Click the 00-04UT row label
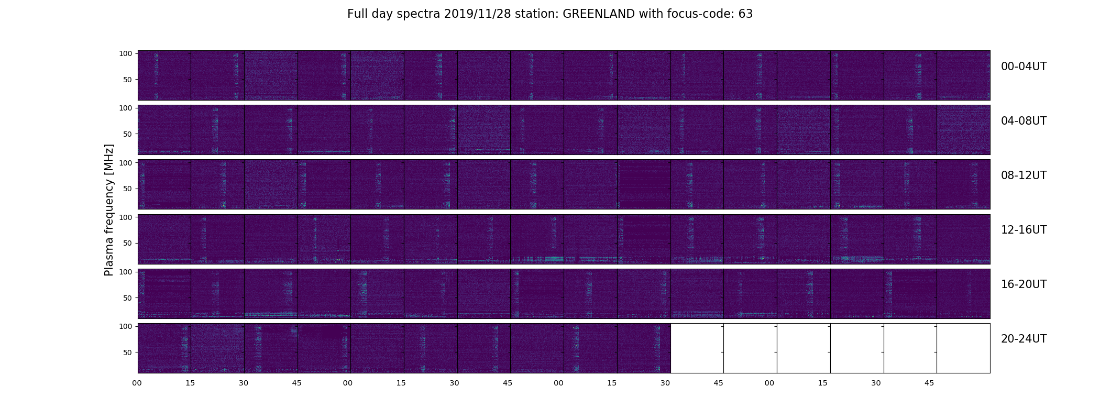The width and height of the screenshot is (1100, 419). (1024, 67)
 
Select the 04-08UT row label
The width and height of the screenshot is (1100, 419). (1024, 121)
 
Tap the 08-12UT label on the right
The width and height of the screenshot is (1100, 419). (1024, 175)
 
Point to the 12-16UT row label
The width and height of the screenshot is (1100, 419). (1024, 230)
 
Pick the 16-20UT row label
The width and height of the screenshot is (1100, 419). (1024, 284)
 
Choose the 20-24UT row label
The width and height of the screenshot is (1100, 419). (1024, 339)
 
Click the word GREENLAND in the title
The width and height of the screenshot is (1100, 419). (599, 14)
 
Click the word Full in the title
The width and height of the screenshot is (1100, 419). (357, 14)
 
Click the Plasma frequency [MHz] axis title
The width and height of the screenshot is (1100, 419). (109, 210)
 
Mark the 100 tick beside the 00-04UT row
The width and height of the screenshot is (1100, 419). (126, 53)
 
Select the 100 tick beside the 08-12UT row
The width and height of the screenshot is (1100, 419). (126, 163)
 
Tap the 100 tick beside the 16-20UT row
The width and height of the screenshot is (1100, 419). (126, 272)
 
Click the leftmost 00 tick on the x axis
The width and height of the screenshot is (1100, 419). (137, 383)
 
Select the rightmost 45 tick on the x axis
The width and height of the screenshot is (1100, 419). (929, 383)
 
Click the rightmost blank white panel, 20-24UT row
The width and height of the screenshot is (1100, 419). (963, 348)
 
